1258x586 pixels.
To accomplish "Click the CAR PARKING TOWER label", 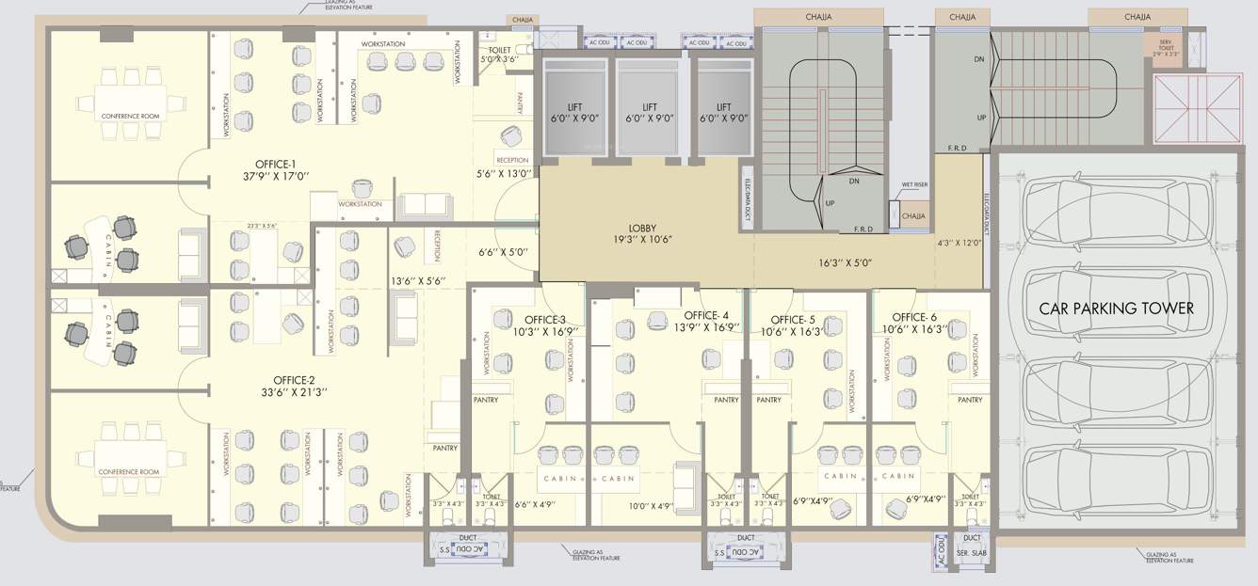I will pyautogui.click(x=1116, y=309).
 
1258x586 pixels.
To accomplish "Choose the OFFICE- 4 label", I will pyautogui.click(x=706, y=315).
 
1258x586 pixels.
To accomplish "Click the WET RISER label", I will pyautogui.click(x=914, y=185).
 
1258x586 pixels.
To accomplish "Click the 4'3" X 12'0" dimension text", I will pyautogui.click(x=960, y=243).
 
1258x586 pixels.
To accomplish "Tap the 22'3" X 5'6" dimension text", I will pyautogui.click(x=261, y=226).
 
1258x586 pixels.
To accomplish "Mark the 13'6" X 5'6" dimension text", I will pyautogui.click(x=416, y=280).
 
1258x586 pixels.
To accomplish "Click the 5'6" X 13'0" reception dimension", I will pyautogui.click(x=505, y=173).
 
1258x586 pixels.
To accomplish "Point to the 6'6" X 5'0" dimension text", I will pyautogui.click(x=503, y=252).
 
